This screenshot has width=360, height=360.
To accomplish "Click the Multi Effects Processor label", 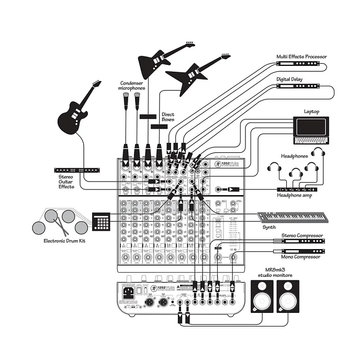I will click(301, 57).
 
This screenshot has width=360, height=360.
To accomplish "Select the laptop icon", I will click(311, 130).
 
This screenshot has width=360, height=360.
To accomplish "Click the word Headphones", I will click(295, 156).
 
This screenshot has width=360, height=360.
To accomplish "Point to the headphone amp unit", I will click(297, 189).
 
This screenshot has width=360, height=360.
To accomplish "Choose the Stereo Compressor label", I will click(302, 235).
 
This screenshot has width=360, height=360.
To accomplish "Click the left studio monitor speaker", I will click(263, 296).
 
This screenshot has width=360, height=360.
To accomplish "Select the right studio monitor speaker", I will click(287, 296).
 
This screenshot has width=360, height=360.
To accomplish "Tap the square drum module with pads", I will click(101, 221).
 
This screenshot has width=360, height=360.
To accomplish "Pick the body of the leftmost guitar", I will click(71, 119).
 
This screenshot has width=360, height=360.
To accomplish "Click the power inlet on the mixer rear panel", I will click(128, 292).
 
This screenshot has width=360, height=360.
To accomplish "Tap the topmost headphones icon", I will click(317, 153).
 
